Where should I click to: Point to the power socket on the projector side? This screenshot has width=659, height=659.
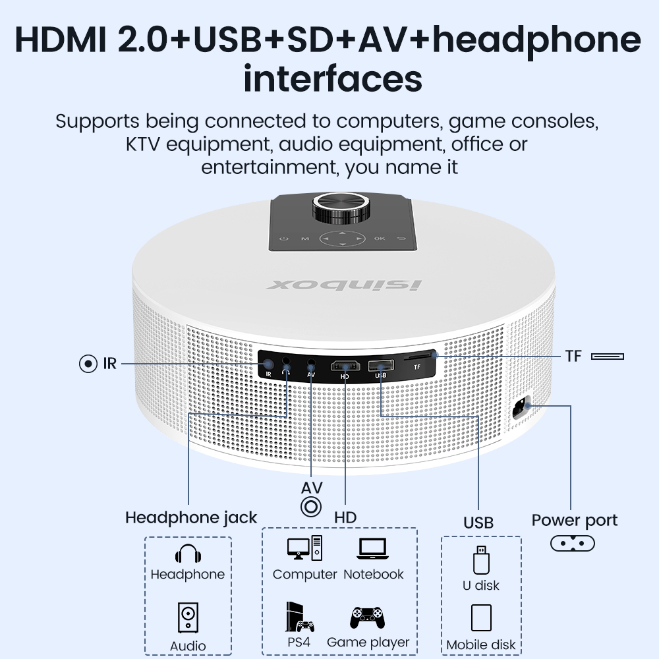(x=524, y=409)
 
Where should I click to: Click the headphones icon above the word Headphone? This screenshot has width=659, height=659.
(x=188, y=554)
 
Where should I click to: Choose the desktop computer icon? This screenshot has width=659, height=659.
(x=304, y=549)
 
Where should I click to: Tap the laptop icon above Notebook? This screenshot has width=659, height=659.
(x=374, y=549)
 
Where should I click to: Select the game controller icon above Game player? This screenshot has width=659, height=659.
(x=368, y=617)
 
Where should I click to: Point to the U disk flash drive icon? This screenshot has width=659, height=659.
(x=481, y=560)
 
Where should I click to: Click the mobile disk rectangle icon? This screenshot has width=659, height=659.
(x=481, y=618)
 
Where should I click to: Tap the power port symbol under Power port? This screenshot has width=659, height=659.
(x=572, y=544)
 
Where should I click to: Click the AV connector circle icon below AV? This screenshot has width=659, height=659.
(x=311, y=507)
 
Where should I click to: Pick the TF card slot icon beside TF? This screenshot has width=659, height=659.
(x=608, y=357)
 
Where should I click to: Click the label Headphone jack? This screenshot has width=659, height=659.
(x=191, y=518)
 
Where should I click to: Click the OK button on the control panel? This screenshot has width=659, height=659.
(x=380, y=239)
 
